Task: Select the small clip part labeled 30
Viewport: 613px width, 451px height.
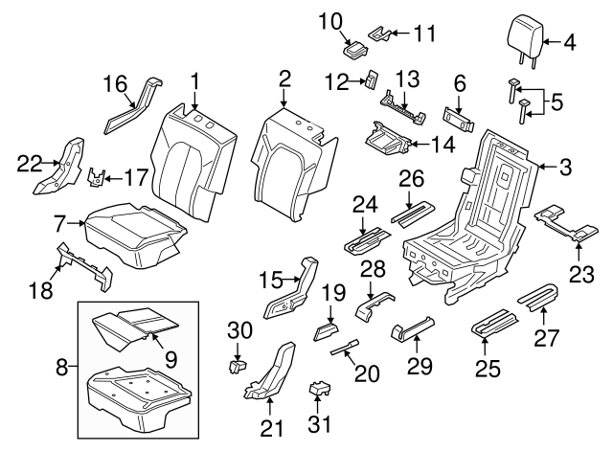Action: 238,365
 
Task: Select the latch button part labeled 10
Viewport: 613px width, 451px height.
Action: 356,48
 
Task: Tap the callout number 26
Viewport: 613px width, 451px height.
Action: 412,178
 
